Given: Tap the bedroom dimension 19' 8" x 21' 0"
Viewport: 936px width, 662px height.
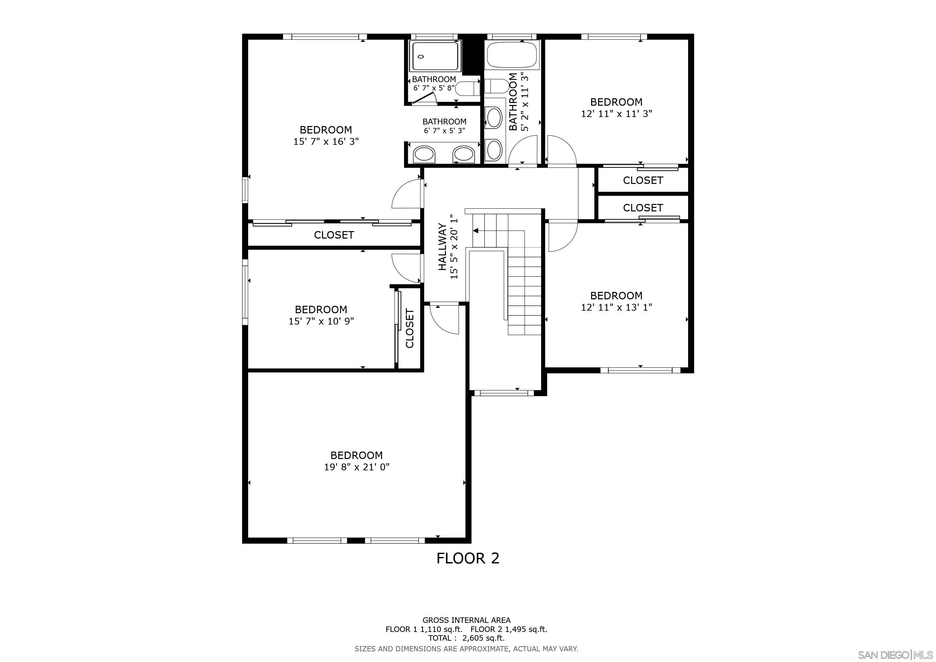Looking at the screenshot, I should [x=357, y=467].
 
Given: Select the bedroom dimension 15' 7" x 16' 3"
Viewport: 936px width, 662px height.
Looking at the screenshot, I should [x=326, y=142].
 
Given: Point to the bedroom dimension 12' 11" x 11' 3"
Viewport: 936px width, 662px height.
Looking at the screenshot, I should [x=616, y=114].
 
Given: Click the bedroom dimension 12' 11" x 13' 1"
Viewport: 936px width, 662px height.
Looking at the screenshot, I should [x=616, y=307].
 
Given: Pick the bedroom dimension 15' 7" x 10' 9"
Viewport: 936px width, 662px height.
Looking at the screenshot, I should [x=321, y=321].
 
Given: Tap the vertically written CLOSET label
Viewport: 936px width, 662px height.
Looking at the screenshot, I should [x=410, y=328].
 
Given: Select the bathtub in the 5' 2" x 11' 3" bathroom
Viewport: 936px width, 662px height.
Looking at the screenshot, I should [x=512, y=55].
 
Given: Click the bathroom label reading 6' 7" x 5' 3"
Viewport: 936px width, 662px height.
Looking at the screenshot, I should [x=444, y=131].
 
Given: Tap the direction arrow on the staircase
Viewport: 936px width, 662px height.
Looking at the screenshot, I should [x=475, y=231].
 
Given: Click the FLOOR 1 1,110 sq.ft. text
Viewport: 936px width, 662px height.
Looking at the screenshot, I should [x=424, y=629].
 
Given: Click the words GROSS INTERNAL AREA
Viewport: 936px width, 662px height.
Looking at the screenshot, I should [x=466, y=620].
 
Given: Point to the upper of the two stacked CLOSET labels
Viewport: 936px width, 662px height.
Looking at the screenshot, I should [x=643, y=180].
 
